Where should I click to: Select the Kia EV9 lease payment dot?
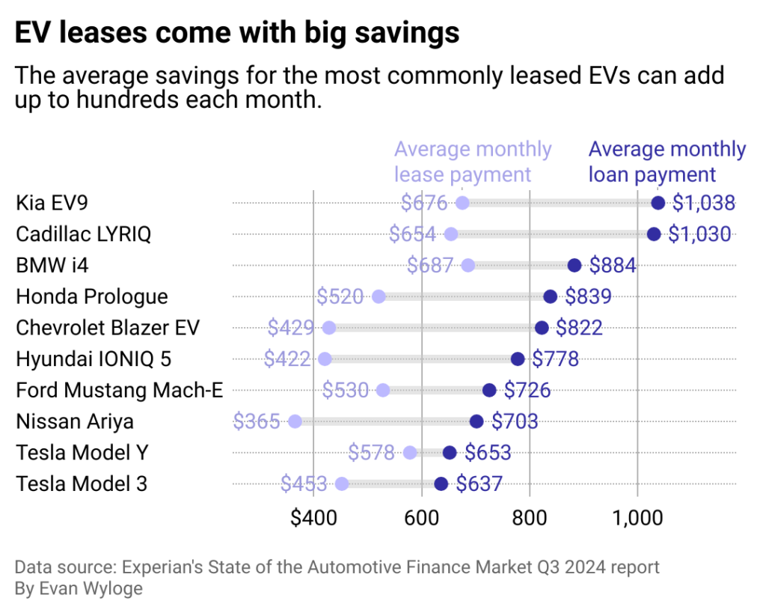[x=462, y=203]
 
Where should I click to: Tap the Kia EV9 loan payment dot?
[x=658, y=203]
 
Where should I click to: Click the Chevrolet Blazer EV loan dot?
[x=542, y=328]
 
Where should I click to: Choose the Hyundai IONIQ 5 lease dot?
[x=325, y=359]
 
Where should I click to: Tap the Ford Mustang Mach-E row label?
[x=120, y=390]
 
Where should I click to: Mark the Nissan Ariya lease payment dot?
[x=295, y=421]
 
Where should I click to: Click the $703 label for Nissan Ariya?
[x=515, y=421]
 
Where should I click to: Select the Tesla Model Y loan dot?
[x=450, y=453]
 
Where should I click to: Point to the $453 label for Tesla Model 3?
[x=304, y=484]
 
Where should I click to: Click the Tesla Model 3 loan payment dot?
[x=441, y=484]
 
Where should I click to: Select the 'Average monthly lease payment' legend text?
[x=472, y=162]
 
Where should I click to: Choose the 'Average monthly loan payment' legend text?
[x=667, y=162]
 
